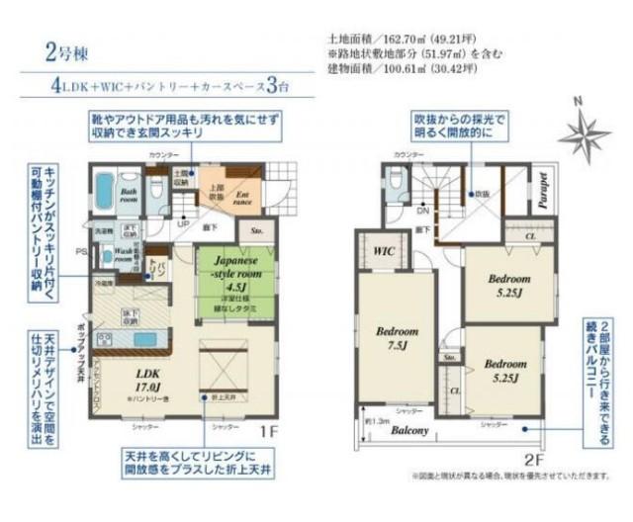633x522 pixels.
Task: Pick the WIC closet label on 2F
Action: [384, 251]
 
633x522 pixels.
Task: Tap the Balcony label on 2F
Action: [407, 431]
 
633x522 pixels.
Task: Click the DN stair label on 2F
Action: [421, 211]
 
